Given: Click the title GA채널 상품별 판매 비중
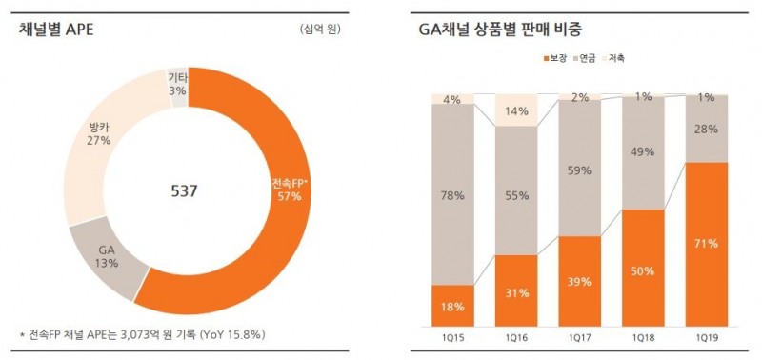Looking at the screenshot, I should tap(499, 29).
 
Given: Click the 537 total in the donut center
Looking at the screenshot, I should tap(183, 191).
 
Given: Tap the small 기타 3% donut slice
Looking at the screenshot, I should tap(177, 84).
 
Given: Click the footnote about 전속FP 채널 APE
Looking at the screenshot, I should tap(142, 335).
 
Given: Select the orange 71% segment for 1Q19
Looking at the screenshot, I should tap(707, 243).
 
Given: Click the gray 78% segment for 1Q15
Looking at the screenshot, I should tap(452, 195).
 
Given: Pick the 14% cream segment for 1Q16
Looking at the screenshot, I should tap(516, 110).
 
